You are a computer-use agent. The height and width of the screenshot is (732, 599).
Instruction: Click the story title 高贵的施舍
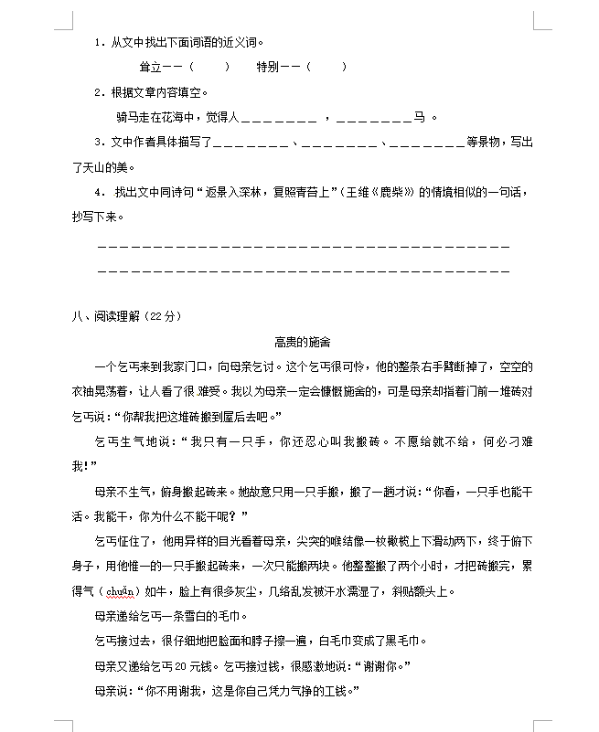(302, 342)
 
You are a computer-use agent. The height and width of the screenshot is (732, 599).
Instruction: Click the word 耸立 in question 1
(151, 67)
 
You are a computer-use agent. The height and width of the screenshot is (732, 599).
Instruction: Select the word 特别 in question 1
(268, 67)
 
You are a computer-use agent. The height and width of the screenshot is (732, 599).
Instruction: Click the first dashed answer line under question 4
(303, 248)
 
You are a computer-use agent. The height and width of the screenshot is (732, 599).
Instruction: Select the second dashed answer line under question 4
(303, 271)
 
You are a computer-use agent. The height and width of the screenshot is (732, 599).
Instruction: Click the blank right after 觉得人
(278, 118)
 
